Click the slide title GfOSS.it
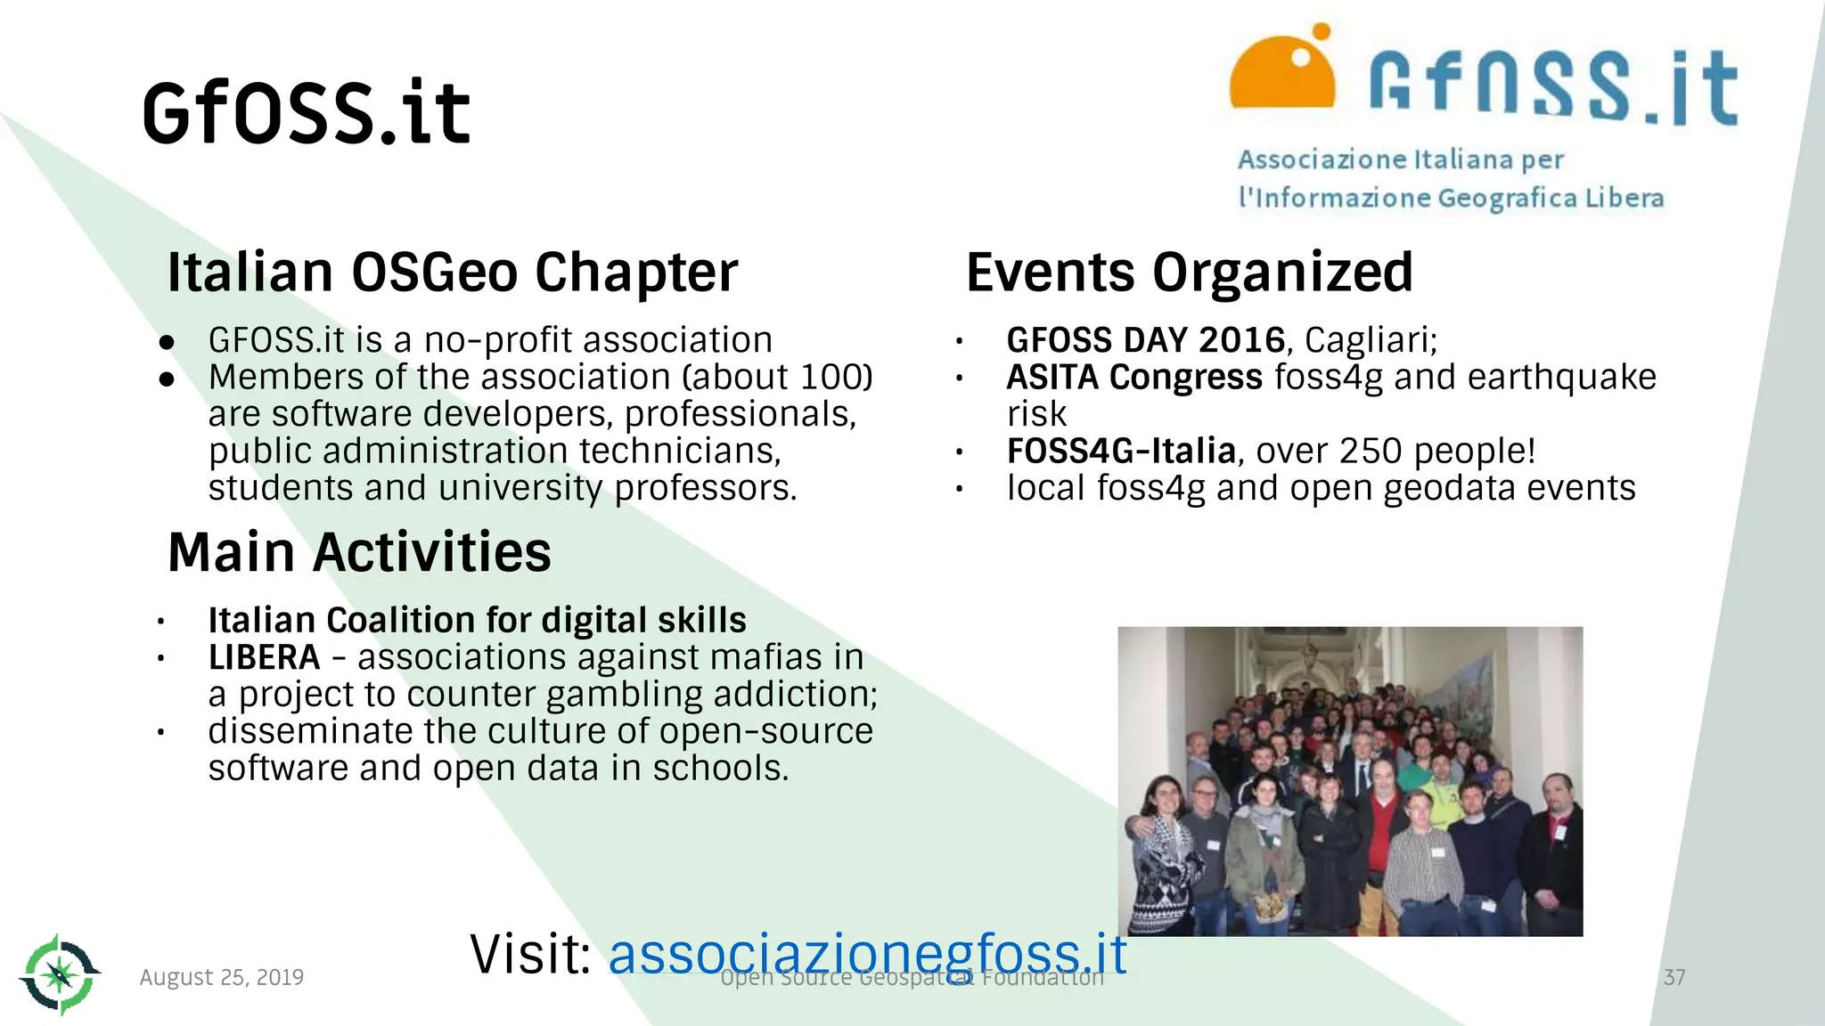tap(306, 112)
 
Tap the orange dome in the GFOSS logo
tap(1281, 76)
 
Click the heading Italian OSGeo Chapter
tap(452, 272)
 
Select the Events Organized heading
tap(1189, 272)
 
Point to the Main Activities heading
tap(359, 551)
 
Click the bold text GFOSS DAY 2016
tap(1145, 340)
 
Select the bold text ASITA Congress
tap(1133, 378)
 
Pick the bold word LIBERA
tap(264, 657)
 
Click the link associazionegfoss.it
tap(867, 954)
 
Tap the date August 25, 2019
tap(221, 977)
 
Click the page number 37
tap(1674, 977)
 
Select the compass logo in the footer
tap(60, 974)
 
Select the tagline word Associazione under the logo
tap(1322, 160)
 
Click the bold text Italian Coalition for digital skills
tap(477, 620)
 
